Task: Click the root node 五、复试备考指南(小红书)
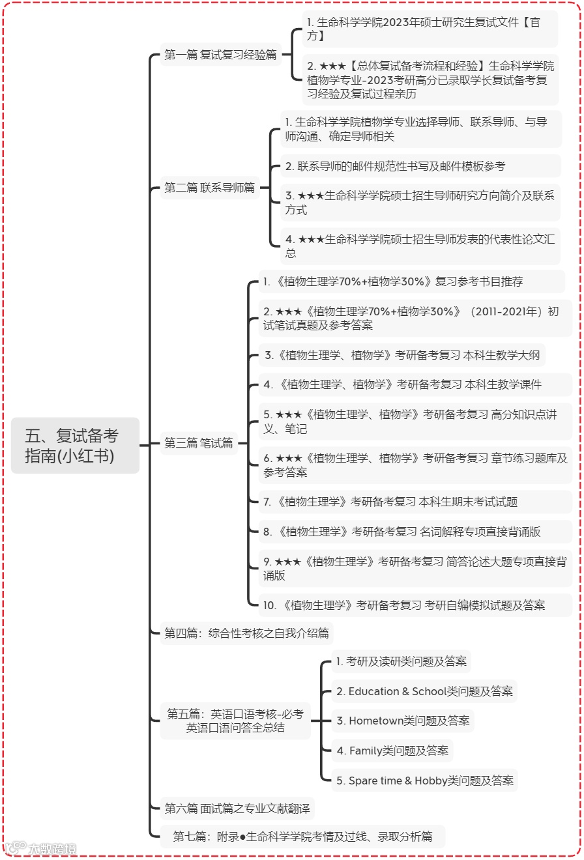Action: [75, 446]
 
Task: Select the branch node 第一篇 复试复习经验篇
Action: [220, 55]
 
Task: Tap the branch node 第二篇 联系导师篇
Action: [209, 188]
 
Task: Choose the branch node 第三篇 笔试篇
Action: [198, 444]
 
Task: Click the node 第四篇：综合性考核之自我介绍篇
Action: [246, 633]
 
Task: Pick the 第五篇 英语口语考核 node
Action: [235, 721]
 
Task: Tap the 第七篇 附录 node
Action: [302, 837]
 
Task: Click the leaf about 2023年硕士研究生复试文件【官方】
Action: [430, 29]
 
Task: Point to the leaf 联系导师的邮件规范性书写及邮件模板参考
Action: [395, 166]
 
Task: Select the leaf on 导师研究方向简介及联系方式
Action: [420, 203]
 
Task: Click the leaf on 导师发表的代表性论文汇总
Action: [420, 246]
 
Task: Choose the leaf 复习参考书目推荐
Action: [393, 282]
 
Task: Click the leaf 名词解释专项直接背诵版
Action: [401, 532]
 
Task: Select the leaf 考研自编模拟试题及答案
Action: [404, 605]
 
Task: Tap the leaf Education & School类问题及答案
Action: [424, 691]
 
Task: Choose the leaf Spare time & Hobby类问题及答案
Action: [424, 781]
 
